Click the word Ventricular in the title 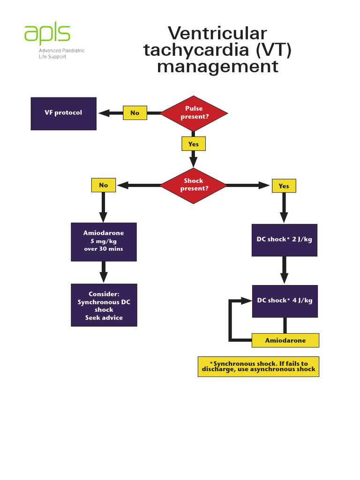point(217,34)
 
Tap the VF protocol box point(63,113)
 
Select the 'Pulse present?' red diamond point(194,113)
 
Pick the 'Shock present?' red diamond point(194,185)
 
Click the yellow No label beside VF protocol point(135,113)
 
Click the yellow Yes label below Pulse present point(194,144)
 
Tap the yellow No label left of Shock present point(103,185)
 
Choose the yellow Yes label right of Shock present point(284,186)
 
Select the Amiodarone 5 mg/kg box point(104,241)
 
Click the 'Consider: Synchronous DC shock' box point(104,305)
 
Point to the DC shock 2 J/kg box point(285,240)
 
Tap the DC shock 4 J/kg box point(285,301)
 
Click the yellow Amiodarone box point(285,340)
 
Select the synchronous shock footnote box point(258,367)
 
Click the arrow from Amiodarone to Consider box point(104,272)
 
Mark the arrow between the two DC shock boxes point(285,270)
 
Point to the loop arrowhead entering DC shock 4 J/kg point(247,301)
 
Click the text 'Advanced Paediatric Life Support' point(61,53)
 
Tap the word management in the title point(217,67)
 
